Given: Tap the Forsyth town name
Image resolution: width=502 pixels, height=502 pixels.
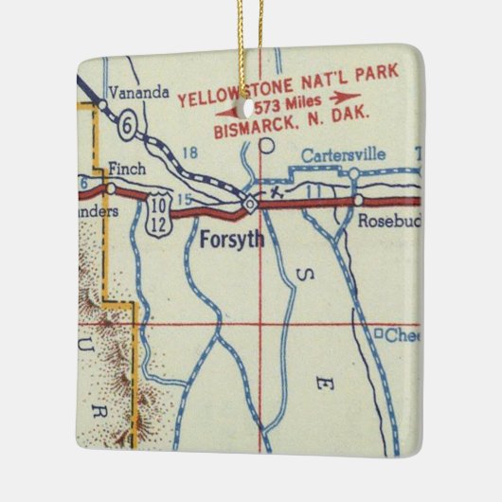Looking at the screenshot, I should coord(231,240).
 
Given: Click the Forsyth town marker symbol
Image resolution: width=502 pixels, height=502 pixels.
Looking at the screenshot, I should coord(249,203).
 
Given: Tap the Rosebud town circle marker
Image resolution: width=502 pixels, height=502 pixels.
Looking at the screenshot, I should coord(358,201).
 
